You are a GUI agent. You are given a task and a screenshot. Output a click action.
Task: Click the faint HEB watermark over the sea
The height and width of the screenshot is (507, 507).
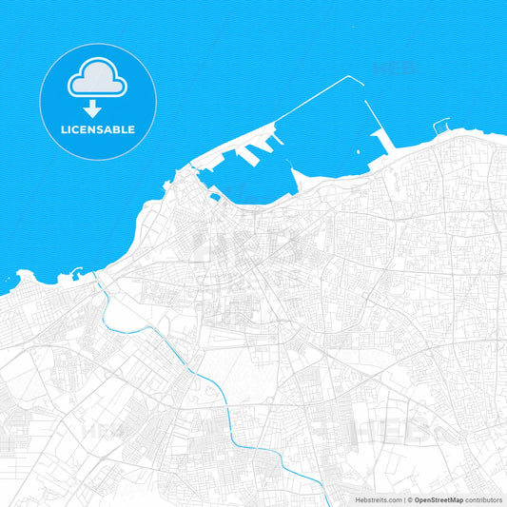click(x=396, y=68)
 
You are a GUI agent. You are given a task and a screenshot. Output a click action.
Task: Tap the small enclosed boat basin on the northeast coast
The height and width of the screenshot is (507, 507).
click(x=441, y=126)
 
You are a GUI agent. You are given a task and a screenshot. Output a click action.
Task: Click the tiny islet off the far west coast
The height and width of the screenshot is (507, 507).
click(x=9, y=278)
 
